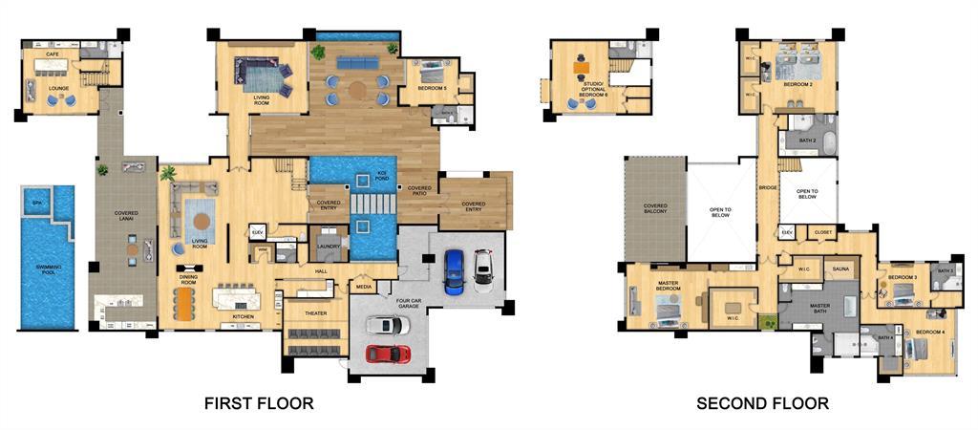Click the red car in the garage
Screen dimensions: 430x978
(389, 354)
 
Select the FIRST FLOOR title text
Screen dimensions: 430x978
(259, 403)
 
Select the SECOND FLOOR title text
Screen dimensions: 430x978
(762, 403)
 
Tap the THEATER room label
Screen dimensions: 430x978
(316, 313)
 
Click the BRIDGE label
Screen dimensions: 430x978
(767, 188)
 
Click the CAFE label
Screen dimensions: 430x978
(53, 54)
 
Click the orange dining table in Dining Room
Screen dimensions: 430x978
(182, 305)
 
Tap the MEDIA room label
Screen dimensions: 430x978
(364, 286)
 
